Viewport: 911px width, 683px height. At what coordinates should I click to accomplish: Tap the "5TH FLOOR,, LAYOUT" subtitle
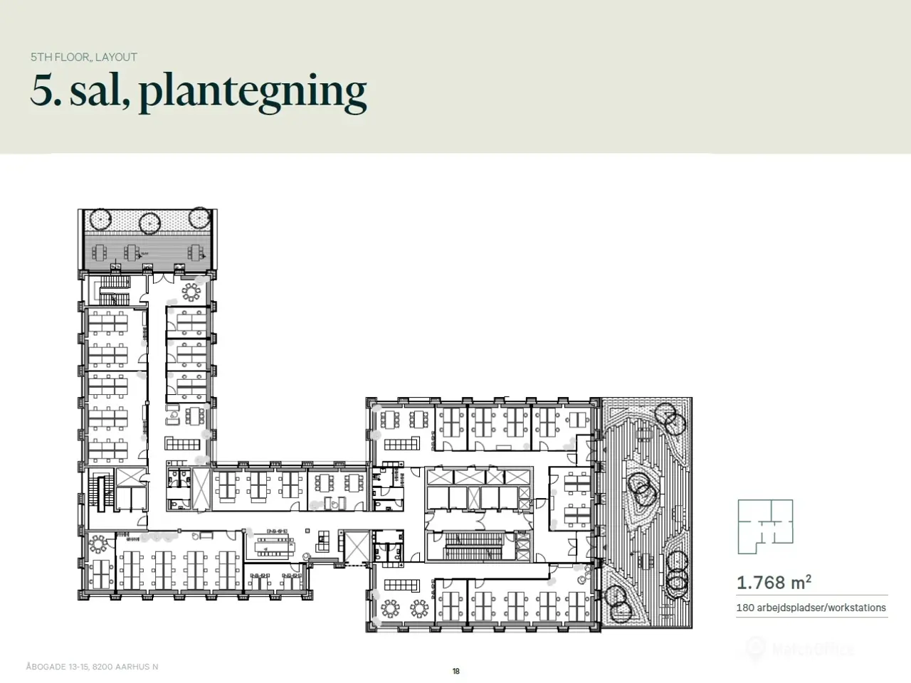pyautogui.click(x=84, y=57)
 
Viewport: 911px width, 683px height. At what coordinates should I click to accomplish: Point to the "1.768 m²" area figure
pyautogui.click(x=774, y=582)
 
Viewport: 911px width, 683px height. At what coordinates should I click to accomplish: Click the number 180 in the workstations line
pyautogui.click(x=745, y=608)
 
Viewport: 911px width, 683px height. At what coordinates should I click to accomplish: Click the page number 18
pyautogui.click(x=455, y=671)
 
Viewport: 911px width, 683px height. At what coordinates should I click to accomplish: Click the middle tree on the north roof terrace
pyautogui.click(x=149, y=223)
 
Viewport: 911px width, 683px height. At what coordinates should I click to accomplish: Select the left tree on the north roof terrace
pyautogui.click(x=100, y=218)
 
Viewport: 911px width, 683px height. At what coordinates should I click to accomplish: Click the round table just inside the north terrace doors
pyautogui.click(x=191, y=292)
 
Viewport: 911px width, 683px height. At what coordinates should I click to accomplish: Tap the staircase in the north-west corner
pyautogui.click(x=114, y=290)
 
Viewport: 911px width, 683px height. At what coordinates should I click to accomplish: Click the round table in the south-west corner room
pyautogui.click(x=98, y=544)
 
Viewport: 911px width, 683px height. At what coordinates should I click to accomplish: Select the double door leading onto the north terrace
pyautogui.click(x=164, y=278)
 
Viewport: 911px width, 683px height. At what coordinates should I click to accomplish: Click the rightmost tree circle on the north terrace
pyautogui.click(x=199, y=217)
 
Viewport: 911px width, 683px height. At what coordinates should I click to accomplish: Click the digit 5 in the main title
pyautogui.click(x=43, y=90)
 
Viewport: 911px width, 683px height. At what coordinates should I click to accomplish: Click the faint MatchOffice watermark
pyautogui.click(x=799, y=648)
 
